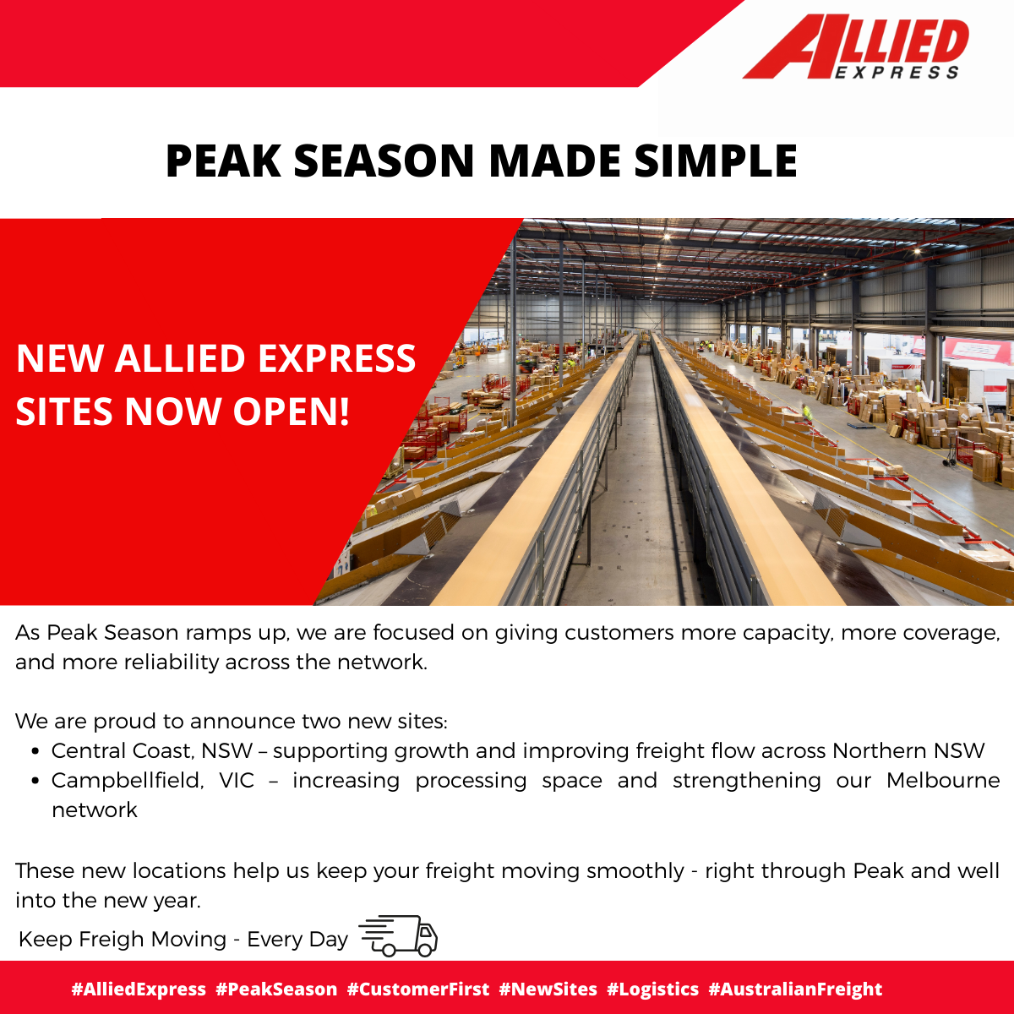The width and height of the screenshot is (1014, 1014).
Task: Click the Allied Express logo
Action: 856,47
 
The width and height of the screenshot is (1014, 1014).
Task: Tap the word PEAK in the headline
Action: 223,161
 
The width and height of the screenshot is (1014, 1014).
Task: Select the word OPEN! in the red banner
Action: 291,411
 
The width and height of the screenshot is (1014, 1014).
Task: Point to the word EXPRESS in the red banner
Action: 337,358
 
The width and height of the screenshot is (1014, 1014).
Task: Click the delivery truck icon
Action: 398,935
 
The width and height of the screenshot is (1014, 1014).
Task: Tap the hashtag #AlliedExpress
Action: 139,989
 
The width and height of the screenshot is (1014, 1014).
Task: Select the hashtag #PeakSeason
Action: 276,989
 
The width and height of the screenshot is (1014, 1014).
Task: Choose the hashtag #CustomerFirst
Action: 418,989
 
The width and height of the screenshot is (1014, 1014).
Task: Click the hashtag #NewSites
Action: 548,989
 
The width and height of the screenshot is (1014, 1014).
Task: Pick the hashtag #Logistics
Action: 652,989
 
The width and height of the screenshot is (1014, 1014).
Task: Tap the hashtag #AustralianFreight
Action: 795,989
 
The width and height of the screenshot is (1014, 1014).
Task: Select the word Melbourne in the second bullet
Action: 943,781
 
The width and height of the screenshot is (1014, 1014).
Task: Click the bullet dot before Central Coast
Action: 35,751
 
